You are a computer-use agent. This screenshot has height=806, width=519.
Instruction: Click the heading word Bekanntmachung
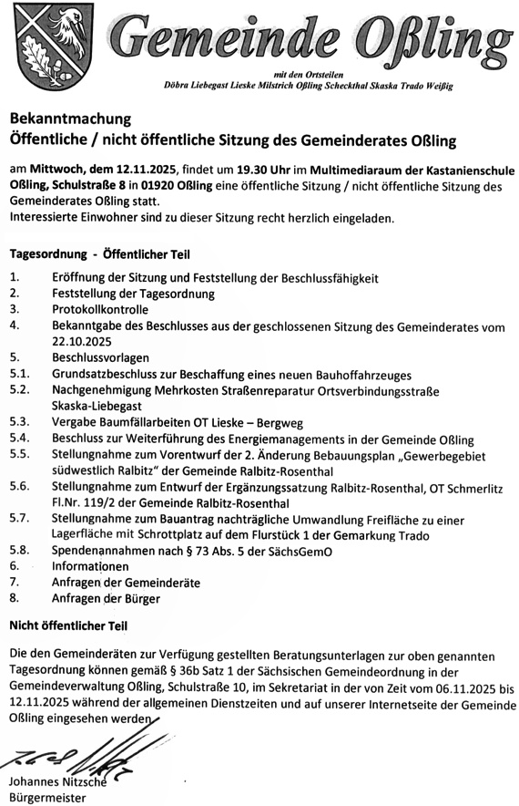click(x=70, y=119)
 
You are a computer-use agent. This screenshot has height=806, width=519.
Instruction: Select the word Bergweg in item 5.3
click(x=283, y=422)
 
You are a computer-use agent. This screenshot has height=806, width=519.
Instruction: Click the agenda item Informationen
click(x=97, y=566)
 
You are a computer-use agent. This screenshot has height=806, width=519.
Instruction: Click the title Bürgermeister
click(x=46, y=798)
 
